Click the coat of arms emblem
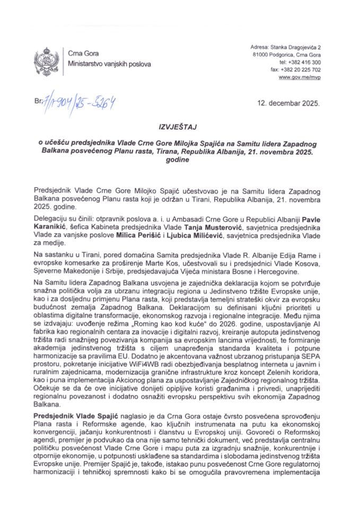click(x=43, y=59)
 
